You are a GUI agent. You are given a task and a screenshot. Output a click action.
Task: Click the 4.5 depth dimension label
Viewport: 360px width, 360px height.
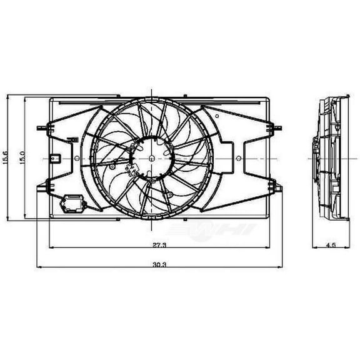pyautogui.click(x=329, y=246)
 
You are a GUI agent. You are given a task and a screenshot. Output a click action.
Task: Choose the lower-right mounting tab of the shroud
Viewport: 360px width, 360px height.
pyautogui.click(x=273, y=184)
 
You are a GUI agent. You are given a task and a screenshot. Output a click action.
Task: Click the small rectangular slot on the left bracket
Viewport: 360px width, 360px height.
pyautogui.click(x=56, y=157)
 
